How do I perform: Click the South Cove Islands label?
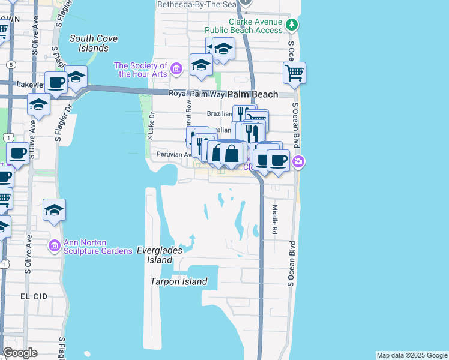tap(93, 43)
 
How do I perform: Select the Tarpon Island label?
tap(179, 281)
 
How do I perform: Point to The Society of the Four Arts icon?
tap(176, 69)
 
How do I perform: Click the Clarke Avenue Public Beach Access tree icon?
tap(292, 25)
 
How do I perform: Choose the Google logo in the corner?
tap(20, 353)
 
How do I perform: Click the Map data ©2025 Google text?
tap(412, 355)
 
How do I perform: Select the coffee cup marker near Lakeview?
tap(57, 83)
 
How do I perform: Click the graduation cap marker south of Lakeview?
tap(38, 104)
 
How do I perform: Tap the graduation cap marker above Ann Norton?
tap(54, 210)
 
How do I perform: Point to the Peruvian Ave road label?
tap(173, 154)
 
